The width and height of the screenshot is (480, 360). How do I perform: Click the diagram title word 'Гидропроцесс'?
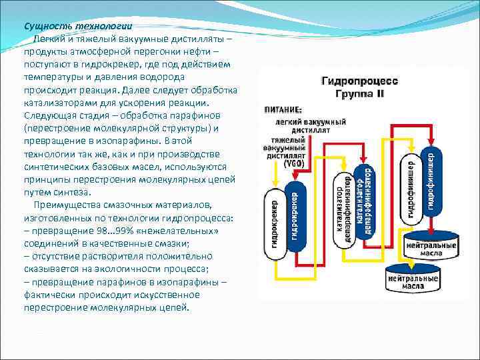pos(359,81)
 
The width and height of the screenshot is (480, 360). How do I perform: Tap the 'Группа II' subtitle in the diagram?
pos(360,93)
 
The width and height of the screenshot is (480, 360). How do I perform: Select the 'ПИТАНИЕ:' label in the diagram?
pos(283,109)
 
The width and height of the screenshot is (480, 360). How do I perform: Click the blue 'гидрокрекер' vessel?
pos(295,215)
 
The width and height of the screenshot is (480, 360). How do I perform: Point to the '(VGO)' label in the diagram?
pos(293,163)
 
